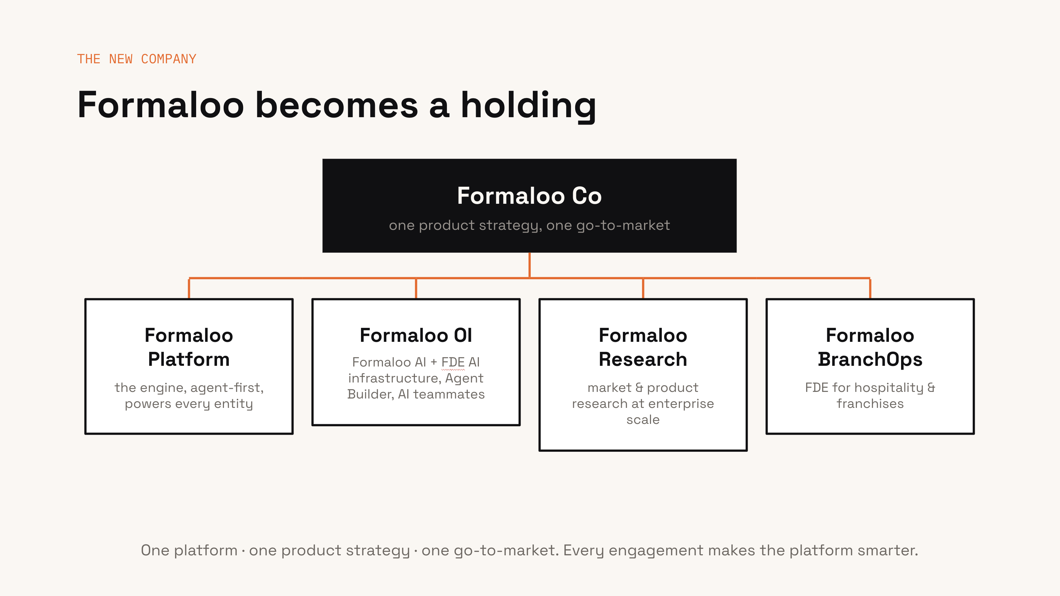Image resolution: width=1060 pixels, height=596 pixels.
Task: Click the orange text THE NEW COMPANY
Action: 137,59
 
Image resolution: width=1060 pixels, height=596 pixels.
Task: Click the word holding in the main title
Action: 528,106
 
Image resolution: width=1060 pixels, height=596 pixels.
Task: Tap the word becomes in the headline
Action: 337,105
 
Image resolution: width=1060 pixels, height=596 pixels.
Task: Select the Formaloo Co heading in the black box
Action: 529,196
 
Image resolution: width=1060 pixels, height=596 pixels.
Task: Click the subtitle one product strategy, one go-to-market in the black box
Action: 529,225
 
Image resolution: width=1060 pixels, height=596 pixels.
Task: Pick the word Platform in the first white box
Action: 189,359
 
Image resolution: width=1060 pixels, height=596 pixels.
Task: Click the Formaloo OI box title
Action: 416,335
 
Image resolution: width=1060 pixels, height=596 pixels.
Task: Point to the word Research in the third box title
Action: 643,359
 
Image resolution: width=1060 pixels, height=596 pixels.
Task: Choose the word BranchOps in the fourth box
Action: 870,360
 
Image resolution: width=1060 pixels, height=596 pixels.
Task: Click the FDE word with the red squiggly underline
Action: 453,362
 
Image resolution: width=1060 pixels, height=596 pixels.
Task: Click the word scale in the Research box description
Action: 643,420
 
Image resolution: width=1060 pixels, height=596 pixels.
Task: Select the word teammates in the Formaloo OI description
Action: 449,394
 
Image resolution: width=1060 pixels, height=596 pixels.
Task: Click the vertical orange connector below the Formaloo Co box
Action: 529,265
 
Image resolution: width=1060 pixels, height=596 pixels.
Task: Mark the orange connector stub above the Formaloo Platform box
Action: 189,289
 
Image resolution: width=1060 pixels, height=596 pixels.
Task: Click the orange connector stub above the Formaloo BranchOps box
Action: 870,289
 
